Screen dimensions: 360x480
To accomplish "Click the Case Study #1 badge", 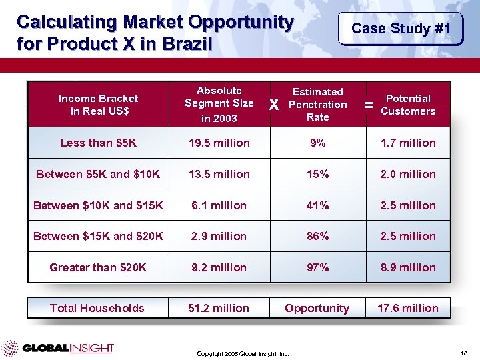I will click(401, 28).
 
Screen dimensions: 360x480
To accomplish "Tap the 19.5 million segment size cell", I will click(219, 143).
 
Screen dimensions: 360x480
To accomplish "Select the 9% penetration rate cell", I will click(317, 143).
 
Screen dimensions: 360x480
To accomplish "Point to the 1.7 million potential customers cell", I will click(408, 143).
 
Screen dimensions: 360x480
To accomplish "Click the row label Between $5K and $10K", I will click(98, 174).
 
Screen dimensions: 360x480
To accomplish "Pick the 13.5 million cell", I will click(219, 174).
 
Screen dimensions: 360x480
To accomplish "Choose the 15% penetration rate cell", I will click(317, 174).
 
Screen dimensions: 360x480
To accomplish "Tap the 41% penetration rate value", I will click(317, 205).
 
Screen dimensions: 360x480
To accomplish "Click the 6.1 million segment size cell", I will click(219, 205).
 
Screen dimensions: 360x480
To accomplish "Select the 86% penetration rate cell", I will click(317, 236).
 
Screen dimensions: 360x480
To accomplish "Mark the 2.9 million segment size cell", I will click(219, 236).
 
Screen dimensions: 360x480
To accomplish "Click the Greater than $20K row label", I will click(98, 267).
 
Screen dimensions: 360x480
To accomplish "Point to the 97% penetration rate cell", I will click(317, 267).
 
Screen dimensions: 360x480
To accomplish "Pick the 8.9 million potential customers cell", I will click(408, 267).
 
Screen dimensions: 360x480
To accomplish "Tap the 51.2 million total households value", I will click(219, 308).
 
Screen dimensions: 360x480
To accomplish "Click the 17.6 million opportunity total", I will click(408, 308).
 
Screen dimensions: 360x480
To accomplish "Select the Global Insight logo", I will click(58, 348).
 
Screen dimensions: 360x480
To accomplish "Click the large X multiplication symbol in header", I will click(273, 105).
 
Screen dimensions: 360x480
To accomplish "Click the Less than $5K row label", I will click(98, 143).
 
